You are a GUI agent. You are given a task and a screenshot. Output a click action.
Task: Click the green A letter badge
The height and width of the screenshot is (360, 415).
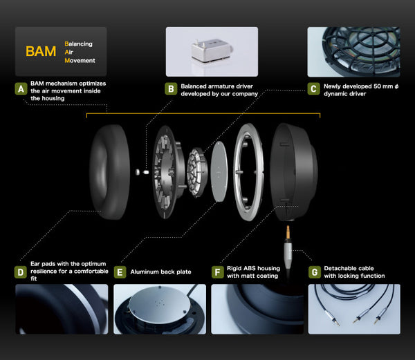pos(21,89)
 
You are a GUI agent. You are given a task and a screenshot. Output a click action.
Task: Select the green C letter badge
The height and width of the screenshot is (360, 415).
pos(314,89)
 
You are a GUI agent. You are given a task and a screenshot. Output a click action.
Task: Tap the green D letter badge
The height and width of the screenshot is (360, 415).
pos(21,272)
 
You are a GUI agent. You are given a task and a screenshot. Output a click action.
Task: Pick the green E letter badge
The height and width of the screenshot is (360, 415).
pos(120,272)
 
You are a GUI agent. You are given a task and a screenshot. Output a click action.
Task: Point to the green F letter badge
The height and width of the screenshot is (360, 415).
pos(218,272)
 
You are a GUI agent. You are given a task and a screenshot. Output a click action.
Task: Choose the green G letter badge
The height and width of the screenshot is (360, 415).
pos(315,272)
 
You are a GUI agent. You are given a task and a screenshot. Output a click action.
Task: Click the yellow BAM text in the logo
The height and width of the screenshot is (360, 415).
pos(41,52)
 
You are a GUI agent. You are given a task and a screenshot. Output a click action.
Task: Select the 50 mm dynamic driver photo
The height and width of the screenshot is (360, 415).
pos(354,51)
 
